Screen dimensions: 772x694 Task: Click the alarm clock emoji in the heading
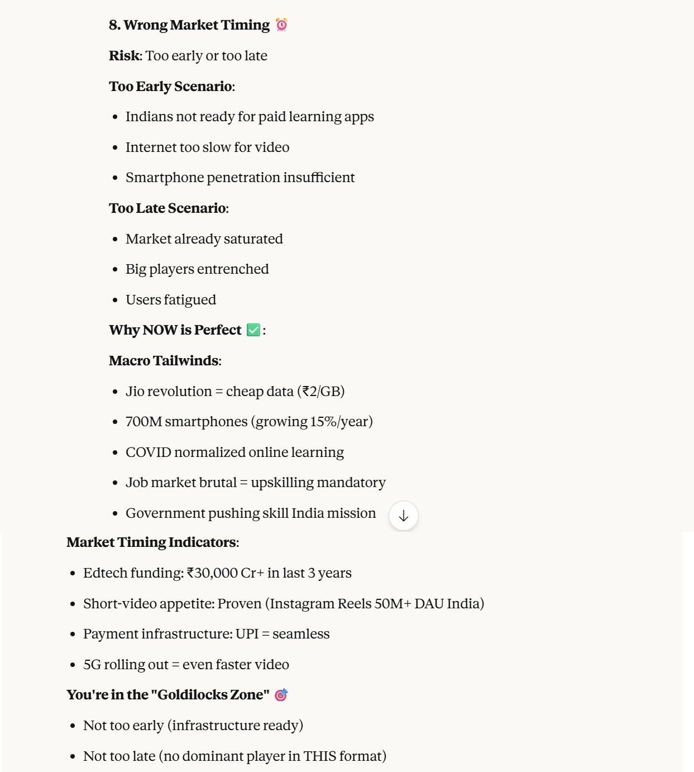(282, 25)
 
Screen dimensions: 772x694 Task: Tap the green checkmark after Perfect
(253, 330)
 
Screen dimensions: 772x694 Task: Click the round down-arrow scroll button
(404, 516)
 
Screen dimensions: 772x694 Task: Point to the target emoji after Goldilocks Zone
(281, 694)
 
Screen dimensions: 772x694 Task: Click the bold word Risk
(125, 56)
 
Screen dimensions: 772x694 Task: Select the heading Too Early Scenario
(171, 87)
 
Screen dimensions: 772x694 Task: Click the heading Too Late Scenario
(168, 208)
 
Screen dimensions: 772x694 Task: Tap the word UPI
(247, 634)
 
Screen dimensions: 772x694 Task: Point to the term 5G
(92, 665)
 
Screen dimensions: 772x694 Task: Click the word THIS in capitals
(320, 756)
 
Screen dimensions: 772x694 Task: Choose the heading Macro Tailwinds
(164, 361)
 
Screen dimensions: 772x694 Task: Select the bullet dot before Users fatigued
(115, 300)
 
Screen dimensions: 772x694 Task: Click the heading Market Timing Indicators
(151, 542)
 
